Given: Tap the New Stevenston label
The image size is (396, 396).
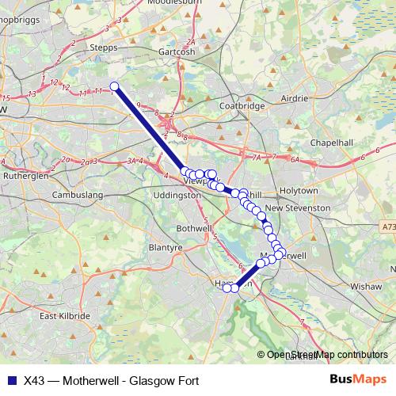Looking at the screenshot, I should [298, 208].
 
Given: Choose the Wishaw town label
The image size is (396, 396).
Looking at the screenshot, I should [365, 283].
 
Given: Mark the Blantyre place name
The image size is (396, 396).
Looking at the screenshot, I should [166, 248].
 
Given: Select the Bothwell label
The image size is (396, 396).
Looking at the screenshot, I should [192, 229].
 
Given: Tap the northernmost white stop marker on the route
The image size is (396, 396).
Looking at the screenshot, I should [114, 86].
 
